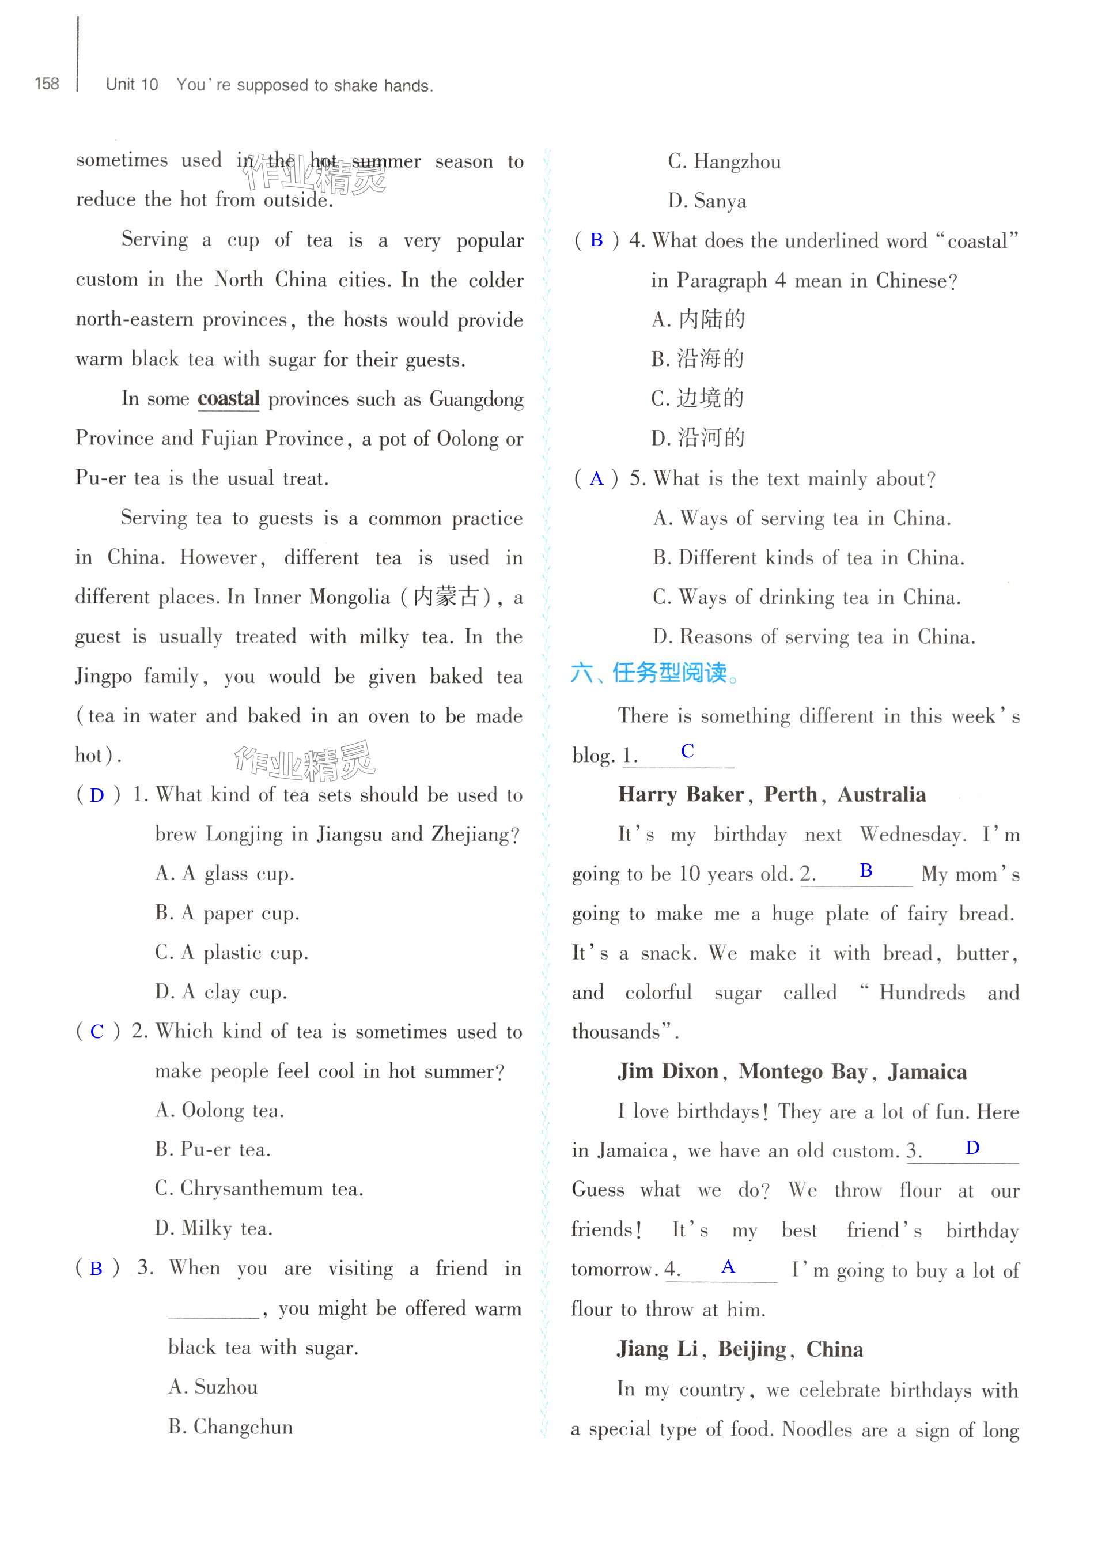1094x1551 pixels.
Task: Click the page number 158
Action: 47,84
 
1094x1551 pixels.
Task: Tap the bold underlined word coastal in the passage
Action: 228,399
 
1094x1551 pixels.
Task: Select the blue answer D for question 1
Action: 97,795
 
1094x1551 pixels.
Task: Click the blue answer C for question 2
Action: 97,1032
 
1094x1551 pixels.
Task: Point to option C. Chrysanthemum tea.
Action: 259,1189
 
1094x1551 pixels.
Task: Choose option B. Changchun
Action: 230,1426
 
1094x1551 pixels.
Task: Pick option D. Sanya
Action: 707,201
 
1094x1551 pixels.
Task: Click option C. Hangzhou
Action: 724,162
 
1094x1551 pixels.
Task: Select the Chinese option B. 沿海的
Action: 698,358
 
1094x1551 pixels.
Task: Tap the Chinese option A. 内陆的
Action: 698,319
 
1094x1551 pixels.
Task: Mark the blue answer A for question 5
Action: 596,479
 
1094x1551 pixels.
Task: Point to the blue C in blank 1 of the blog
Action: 687,751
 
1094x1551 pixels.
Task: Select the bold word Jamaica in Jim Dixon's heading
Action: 927,1072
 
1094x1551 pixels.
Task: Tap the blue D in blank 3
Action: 972,1148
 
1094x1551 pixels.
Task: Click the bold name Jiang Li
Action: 657,1349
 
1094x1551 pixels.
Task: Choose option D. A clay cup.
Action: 221,992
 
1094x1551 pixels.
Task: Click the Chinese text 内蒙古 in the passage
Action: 446,597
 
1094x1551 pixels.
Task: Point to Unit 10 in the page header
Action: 132,85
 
